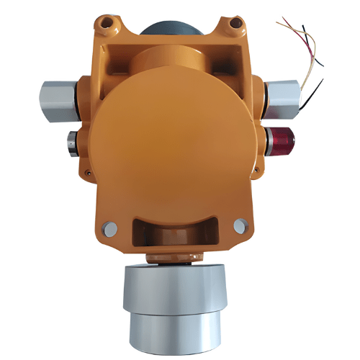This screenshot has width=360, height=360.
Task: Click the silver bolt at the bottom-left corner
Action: pos(109,230)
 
